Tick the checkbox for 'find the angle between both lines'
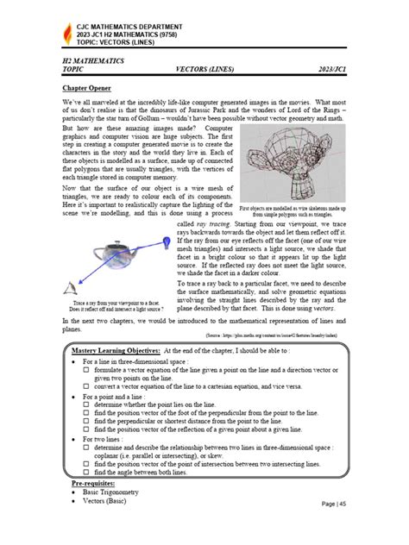tap(87, 473)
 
